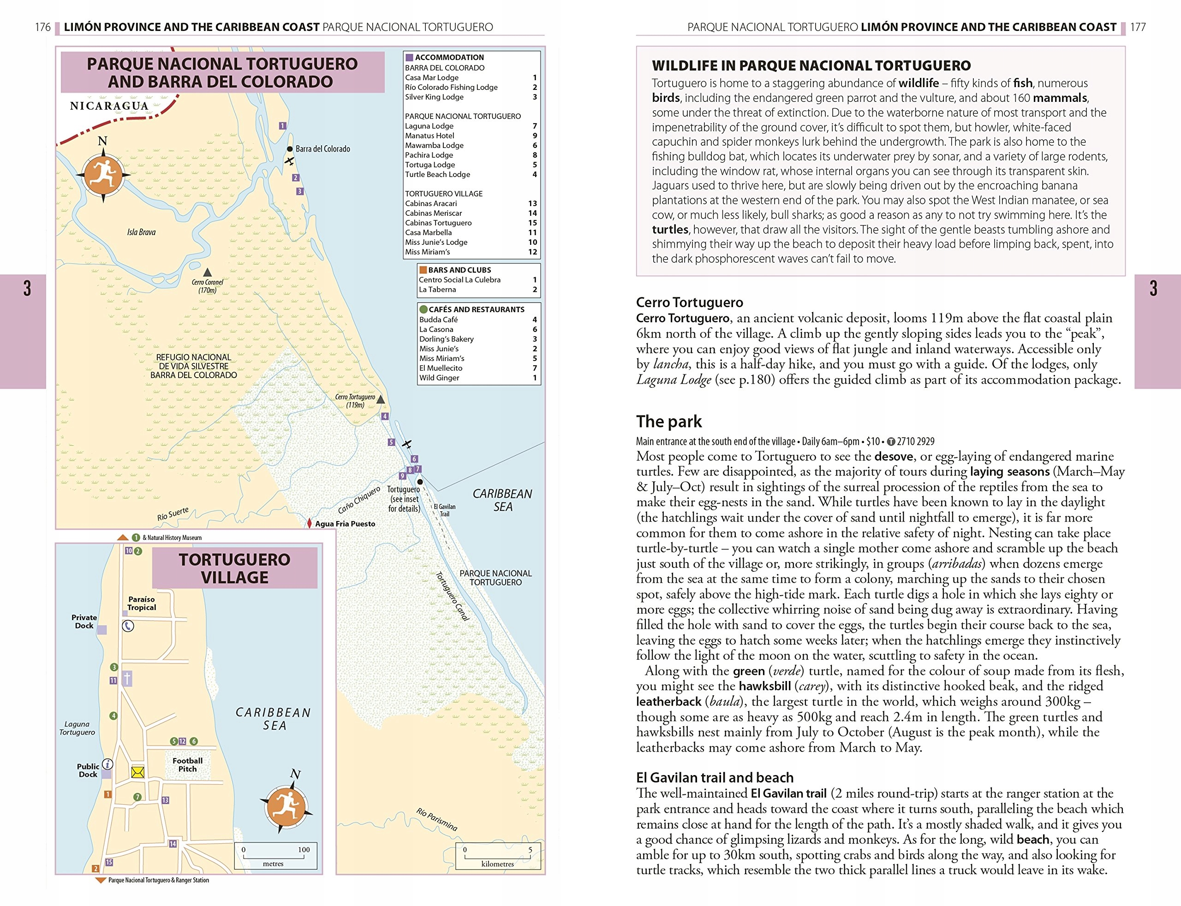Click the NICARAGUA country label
[x=109, y=106]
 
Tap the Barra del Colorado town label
[x=322, y=149]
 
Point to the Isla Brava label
[x=141, y=232]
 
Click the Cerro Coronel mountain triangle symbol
[x=207, y=272]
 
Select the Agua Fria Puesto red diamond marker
[x=309, y=523]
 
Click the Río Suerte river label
[x=173, y=514]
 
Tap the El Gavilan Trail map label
[x=445, y=510]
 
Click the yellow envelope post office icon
[x=138, y=772]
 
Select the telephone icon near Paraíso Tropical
[x=128, y=626]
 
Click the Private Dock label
[x=84, y=621]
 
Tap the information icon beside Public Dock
[x=108, y=764]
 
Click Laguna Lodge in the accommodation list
[x=429, y=126]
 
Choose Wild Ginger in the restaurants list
[x=439, y=378]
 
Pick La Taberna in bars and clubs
[x=437, y=290]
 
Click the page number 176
[x=42, y=27]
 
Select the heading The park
[x=668, y=421]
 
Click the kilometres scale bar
[x=497, y=856]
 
